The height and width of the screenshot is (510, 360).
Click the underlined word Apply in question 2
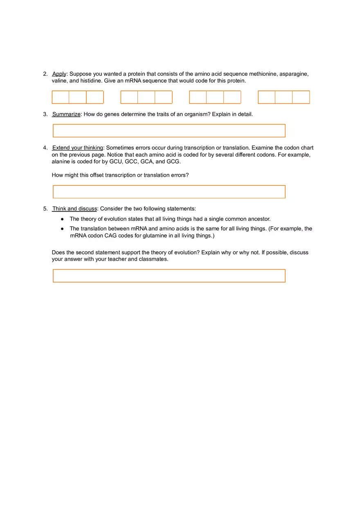click(59, 74)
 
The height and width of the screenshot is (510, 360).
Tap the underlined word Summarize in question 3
click(66, 114)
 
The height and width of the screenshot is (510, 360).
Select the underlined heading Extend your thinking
click(78, 148)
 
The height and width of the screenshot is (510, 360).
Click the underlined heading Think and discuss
click(74, 209)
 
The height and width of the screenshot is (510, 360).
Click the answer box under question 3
click(169, 131)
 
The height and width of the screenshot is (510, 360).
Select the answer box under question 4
click(169, 192)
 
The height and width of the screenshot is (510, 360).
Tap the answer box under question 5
click(169, 276)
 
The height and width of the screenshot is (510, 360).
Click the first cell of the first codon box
click(61, 97)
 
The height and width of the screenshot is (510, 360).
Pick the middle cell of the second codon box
click(146, 97)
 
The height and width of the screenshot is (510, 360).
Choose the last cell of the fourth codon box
click(301, 97)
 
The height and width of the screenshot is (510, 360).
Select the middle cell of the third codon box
click(215, 97)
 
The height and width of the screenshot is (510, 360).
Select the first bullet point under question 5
click(62, 219)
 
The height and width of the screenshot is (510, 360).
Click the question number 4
click(45, 148)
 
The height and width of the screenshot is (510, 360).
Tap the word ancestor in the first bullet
click(259, 219)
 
